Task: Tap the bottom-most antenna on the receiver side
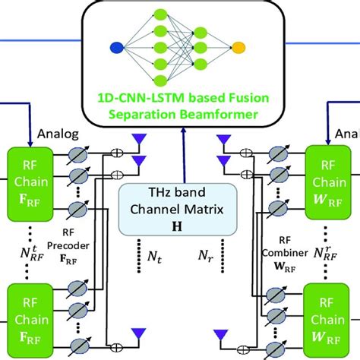coord(221,335)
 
